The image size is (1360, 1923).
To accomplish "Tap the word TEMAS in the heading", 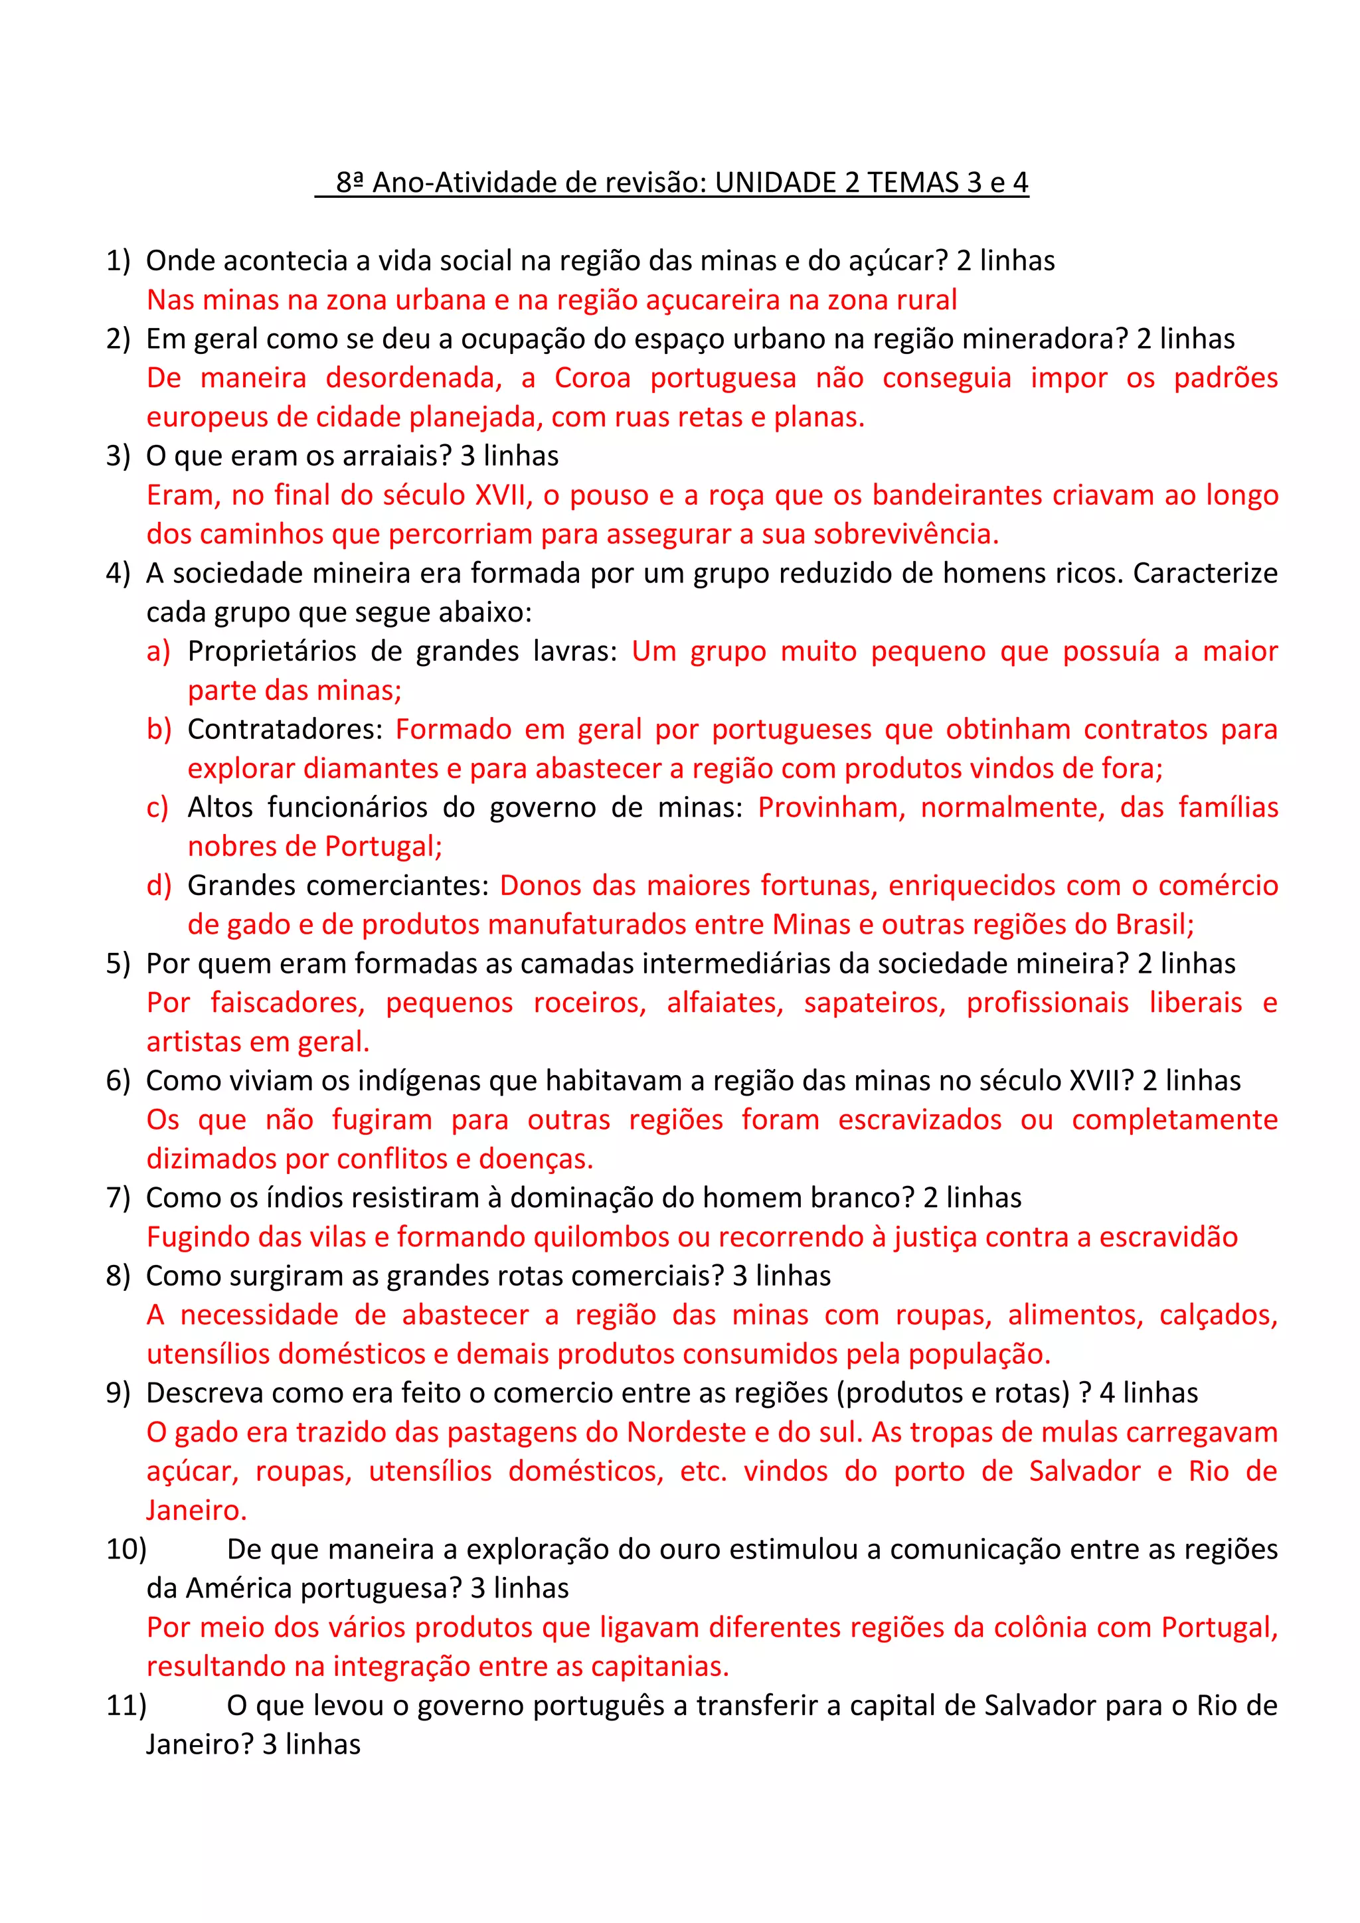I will click(913, 183).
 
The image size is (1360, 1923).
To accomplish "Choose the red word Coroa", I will click(592, 378).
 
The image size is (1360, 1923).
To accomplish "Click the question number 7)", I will click(118, 1198).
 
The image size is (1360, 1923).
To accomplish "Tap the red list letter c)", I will click(157, 807).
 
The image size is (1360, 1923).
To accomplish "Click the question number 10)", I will click(126, 1549).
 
